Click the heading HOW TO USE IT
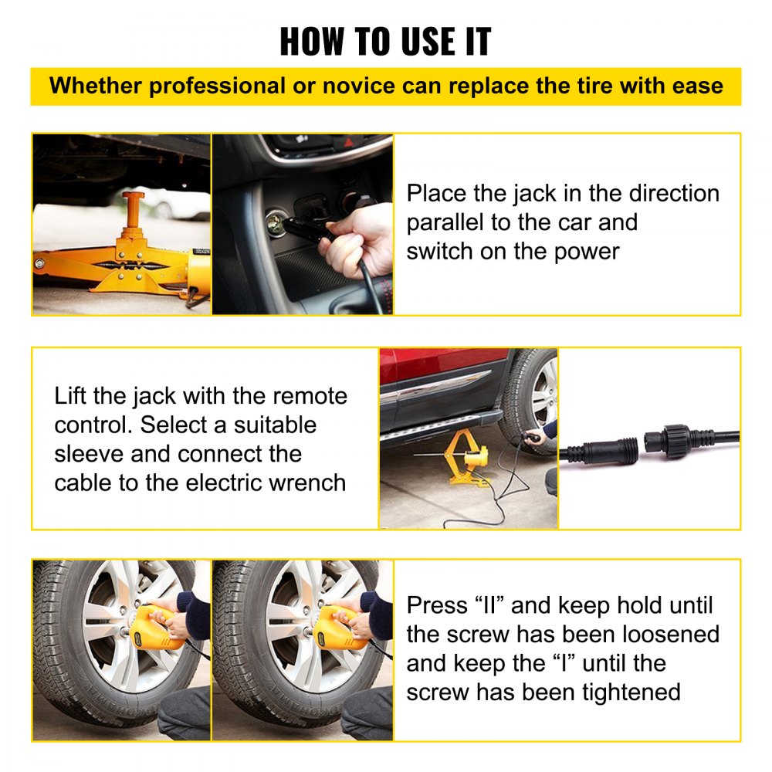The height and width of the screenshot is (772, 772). [385, 41]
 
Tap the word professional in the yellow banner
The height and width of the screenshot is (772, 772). [217, 86]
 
